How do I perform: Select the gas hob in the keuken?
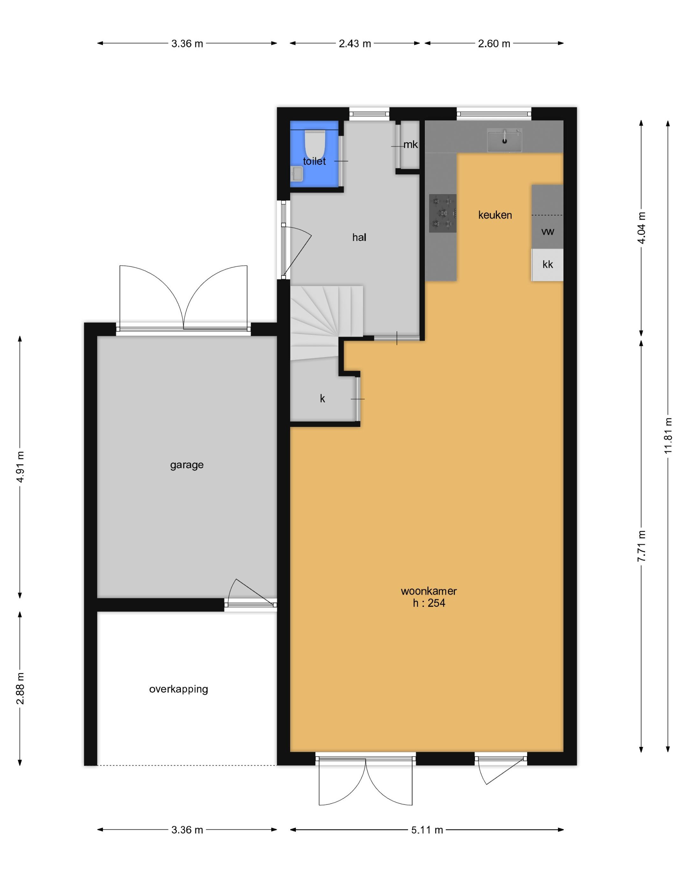443,213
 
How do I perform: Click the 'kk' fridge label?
548,265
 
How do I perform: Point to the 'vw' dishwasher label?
548,231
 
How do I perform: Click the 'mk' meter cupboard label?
411,145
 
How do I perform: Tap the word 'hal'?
359,238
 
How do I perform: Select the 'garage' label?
187,465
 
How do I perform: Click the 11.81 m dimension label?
668,436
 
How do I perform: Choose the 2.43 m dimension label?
355,44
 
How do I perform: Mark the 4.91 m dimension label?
20,467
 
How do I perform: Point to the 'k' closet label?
322,399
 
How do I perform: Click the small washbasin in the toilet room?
297,174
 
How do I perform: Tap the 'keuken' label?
495,215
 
